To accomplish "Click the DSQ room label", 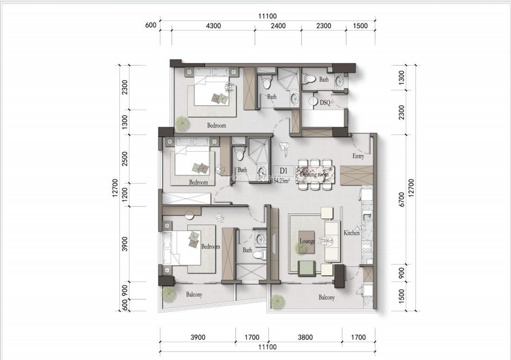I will click(325, 103).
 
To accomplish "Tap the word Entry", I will click(358, 156).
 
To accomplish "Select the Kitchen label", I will click(352, 233).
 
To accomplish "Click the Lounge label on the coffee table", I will click(307, 241).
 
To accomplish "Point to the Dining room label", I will click(314, 174).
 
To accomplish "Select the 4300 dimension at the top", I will click(213, 26).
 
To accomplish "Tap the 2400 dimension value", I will click(278, 26).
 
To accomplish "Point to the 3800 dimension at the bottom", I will click(305, 337).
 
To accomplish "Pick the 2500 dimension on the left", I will click(124, 159).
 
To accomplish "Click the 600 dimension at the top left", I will click(151, 25).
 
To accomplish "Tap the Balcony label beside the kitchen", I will click(327, 297).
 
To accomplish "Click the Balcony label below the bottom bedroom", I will click(194, 294).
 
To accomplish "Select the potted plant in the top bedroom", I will click(183, 123).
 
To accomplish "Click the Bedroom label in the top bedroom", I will click(216, 126).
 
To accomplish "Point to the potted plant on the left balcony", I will click(169, 294).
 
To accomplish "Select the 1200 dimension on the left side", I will click(124, 195).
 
